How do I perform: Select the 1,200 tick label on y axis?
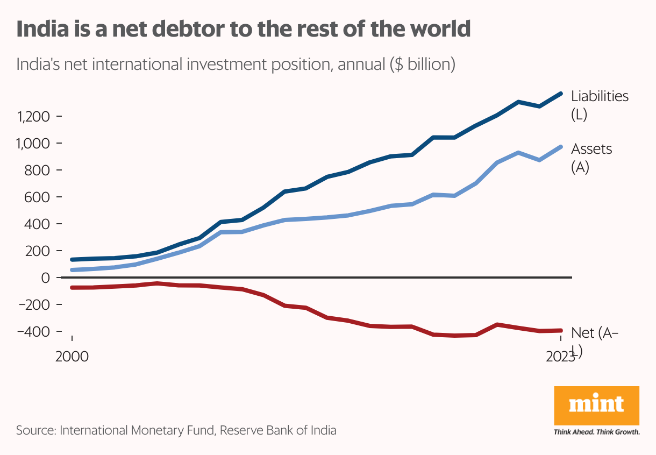pos(34,117)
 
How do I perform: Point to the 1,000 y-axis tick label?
pos(34,144)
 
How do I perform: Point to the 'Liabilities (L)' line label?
pos(599,105)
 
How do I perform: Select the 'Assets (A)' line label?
pos(591,158)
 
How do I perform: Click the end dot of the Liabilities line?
pos(560,94)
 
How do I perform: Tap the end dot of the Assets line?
pos(560,147)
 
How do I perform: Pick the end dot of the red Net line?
pos(560,331)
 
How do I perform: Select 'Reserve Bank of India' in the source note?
pos(279,430)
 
